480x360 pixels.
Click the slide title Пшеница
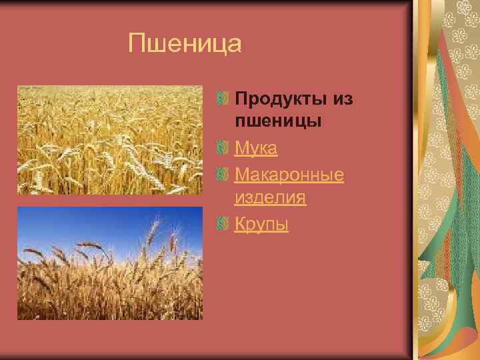[x=185, y=45]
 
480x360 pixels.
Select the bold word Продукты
[x=279, y=99]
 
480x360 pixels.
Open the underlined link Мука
[x=256, y=149]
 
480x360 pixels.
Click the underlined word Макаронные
[x=289, y=175]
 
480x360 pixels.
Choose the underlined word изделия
[x=270, y=197]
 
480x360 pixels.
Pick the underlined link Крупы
[x=261, y=225]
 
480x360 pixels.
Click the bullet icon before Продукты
[x=223, y=99]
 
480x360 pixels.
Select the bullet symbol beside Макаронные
[x=223, y=175]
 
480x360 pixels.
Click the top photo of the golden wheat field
[x=109, y=140]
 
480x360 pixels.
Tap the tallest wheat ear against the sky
[x=154, y=230]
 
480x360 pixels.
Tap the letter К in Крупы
[x=240, y=225]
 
